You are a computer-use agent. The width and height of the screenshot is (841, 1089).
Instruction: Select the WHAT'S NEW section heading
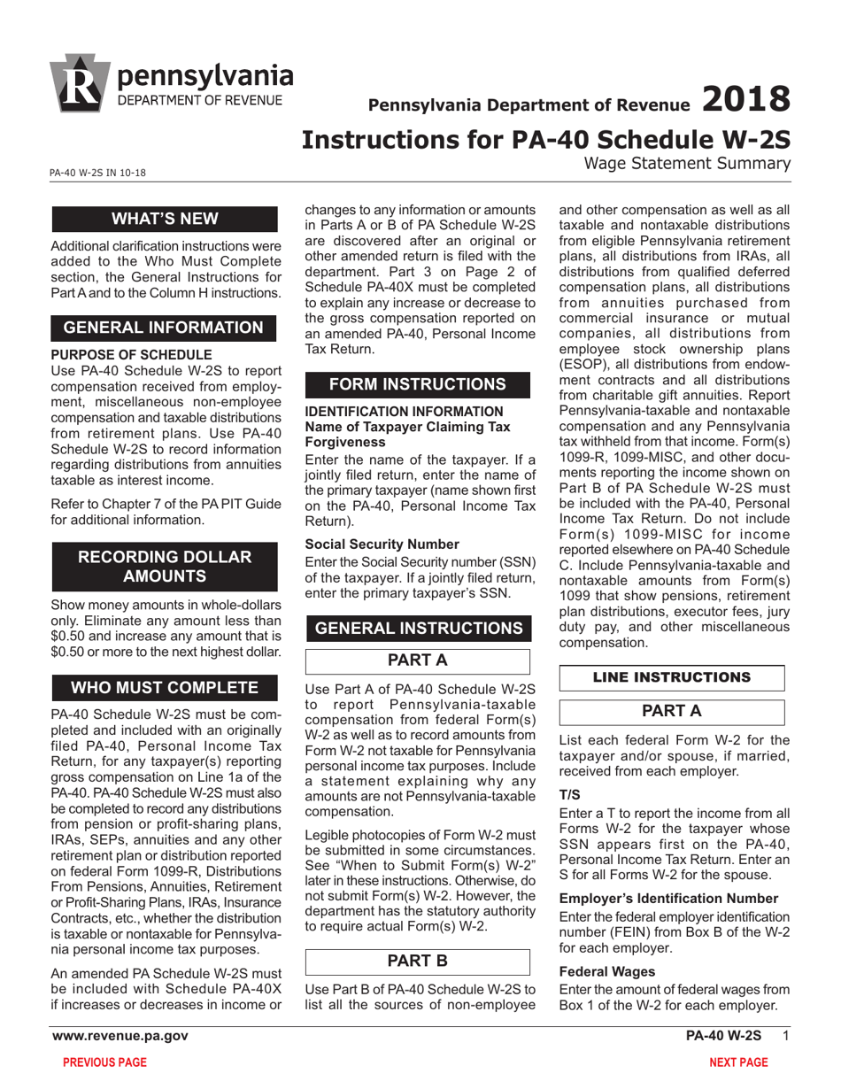coord(164,220)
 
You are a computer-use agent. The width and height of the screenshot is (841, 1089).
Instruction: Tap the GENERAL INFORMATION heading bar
coord(164,328)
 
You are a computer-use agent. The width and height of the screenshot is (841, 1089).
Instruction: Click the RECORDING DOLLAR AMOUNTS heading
coord(164,567)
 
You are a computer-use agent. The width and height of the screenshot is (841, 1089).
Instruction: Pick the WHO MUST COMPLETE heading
coord(164,688)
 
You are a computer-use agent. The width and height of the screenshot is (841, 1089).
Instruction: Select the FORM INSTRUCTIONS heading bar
coord(418,384)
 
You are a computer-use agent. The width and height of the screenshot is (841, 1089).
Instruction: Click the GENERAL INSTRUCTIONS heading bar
coord(418,628)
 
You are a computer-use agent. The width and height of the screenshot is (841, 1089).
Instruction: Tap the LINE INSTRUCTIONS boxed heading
coord(672,677)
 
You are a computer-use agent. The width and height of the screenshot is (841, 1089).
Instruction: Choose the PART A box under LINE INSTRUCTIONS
coord(672,711)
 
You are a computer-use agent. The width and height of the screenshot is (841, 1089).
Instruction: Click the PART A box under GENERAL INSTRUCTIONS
coord(418,661)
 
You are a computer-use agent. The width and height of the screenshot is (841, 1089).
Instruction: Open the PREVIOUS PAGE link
coord(104,1062)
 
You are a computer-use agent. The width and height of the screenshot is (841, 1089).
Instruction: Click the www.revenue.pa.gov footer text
coord(120,1036)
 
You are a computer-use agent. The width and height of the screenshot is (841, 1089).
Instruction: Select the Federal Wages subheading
coord(607,971)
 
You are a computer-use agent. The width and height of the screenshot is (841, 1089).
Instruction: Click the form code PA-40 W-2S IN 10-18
coord(98,174)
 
